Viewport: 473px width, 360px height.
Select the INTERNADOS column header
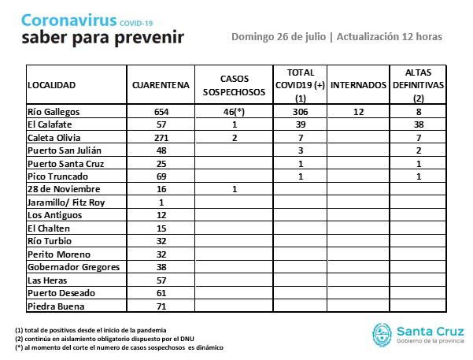click(359, 84)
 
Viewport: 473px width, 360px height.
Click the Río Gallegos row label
click(53, 113)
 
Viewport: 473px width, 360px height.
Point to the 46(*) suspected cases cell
click(235, 113)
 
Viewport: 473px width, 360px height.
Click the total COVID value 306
click(301, 113)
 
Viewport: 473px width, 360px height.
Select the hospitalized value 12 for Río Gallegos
click(359, 113)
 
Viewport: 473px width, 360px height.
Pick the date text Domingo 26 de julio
click(278, 36)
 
